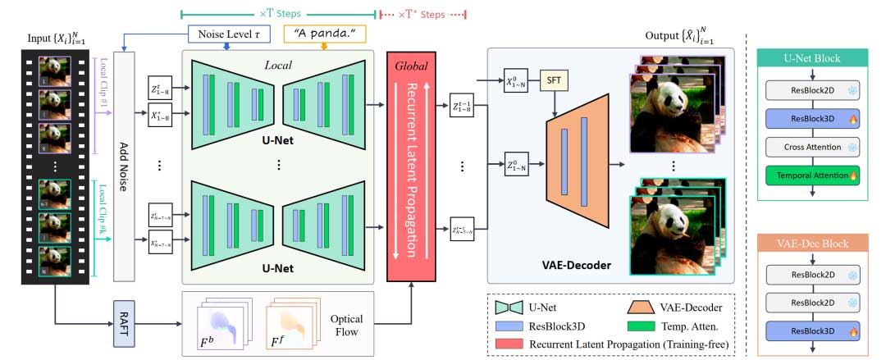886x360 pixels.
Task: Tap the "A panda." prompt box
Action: click(324, 34)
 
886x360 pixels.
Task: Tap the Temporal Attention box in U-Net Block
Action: click(812, 175)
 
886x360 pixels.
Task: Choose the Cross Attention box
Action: click(812, 148)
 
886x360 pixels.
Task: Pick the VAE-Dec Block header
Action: click(812, 243)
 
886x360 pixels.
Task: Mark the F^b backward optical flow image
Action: click(217, 324)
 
